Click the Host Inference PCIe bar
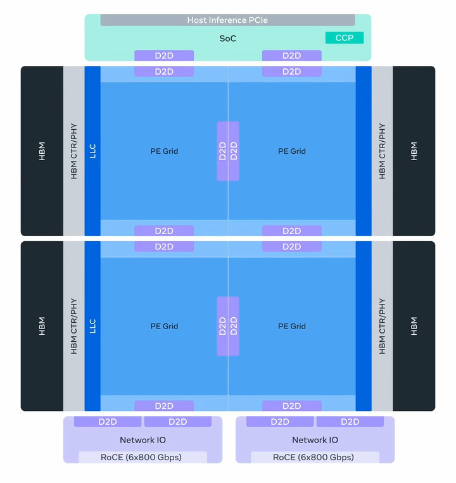coord(227,20)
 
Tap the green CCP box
coord(345,38)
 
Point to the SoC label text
coord(227,39)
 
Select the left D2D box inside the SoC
coord(164,56)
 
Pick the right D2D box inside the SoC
coord(291,56)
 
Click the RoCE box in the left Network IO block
coord(142,457)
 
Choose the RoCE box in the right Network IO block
coord(315,457)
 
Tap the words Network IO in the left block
coord(142,440)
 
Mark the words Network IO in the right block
coord(315,440)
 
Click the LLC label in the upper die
coord(92,151)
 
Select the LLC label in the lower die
coord(92,326)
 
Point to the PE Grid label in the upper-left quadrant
coord(164,151)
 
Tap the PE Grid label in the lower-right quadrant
coord(291,327)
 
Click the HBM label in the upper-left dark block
coord(42,151)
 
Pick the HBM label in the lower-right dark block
coord(414,326)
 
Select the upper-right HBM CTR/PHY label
coord(382,151)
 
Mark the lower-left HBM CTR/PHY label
coord(73,326)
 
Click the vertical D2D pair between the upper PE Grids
coord(228,151)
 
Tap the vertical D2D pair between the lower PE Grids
coord(228,326)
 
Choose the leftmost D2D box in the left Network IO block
coord(108,422)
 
